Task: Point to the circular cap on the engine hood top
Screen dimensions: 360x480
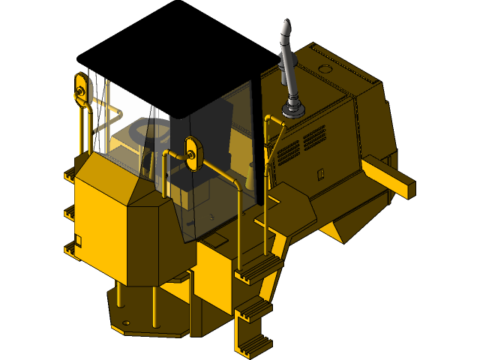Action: [325, 68]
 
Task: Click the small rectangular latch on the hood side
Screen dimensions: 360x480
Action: [320, 175]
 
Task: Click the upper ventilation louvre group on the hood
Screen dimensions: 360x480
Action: [313, 136]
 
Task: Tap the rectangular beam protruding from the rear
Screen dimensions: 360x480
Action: [390, 177]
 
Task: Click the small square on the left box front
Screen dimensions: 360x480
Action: [78, 240]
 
